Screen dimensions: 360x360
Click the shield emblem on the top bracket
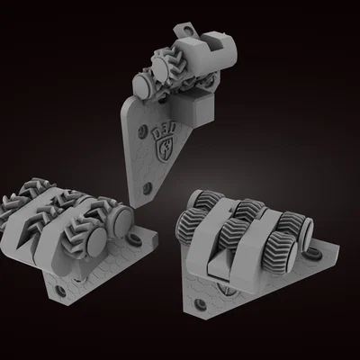tap(165, 151)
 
